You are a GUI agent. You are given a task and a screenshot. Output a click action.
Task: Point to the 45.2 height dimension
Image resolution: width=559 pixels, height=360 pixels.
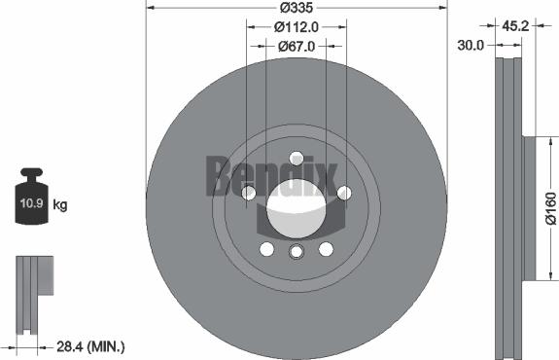click(x=514, y=27)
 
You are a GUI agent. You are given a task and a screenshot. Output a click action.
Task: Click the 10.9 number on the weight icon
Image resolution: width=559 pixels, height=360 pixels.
click(x=31, y=204)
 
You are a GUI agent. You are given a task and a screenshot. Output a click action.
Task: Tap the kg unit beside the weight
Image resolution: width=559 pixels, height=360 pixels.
click(x=61, y=205)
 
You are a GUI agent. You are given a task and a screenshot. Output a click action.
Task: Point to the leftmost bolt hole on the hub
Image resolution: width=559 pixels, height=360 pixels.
click(x=249, y=193)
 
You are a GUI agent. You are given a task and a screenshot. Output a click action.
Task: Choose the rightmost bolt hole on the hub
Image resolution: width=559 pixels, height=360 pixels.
click(x=343, y=193)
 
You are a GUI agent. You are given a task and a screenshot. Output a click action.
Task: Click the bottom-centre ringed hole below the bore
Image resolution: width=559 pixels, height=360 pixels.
click(x=296, y=252)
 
